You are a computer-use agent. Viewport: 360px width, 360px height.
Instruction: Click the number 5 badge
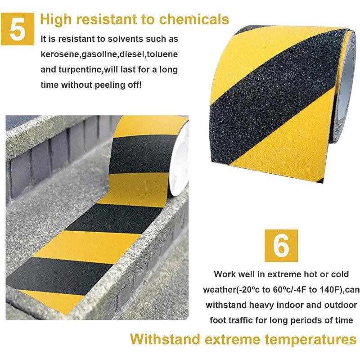18,29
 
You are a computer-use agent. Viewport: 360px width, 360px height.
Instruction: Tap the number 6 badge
281,245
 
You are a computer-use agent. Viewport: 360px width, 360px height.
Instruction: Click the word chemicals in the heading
194,19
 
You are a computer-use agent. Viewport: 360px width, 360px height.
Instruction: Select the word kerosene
60,54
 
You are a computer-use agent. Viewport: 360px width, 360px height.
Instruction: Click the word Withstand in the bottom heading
165,339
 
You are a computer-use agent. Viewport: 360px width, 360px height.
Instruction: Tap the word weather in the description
220,290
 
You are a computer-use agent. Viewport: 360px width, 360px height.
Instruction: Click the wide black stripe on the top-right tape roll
273,96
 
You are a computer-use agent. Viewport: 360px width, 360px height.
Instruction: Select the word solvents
126,39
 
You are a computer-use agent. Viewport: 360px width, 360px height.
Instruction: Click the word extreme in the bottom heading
232,340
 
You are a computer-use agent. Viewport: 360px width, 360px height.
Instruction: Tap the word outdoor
341,305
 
